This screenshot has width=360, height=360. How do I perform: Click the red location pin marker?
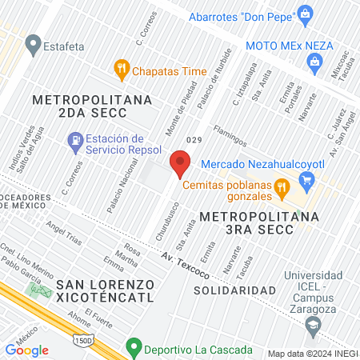(180, 166)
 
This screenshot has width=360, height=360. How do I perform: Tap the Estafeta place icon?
(34, 44)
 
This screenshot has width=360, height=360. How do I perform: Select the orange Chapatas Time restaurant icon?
(122, 69)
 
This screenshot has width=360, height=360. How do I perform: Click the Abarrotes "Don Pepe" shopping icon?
(305, 14)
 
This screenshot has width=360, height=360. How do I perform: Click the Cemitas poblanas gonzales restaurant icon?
(282, 189)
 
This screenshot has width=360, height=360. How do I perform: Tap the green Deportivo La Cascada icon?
(132, 349)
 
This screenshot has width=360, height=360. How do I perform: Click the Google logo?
(26, 350)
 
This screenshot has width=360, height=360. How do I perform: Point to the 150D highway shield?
(82, 342)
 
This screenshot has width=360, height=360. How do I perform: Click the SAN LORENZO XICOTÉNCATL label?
(104, 285)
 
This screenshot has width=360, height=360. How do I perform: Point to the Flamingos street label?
(230, 134)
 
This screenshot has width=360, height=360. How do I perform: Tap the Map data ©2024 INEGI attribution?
(312, 353)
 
